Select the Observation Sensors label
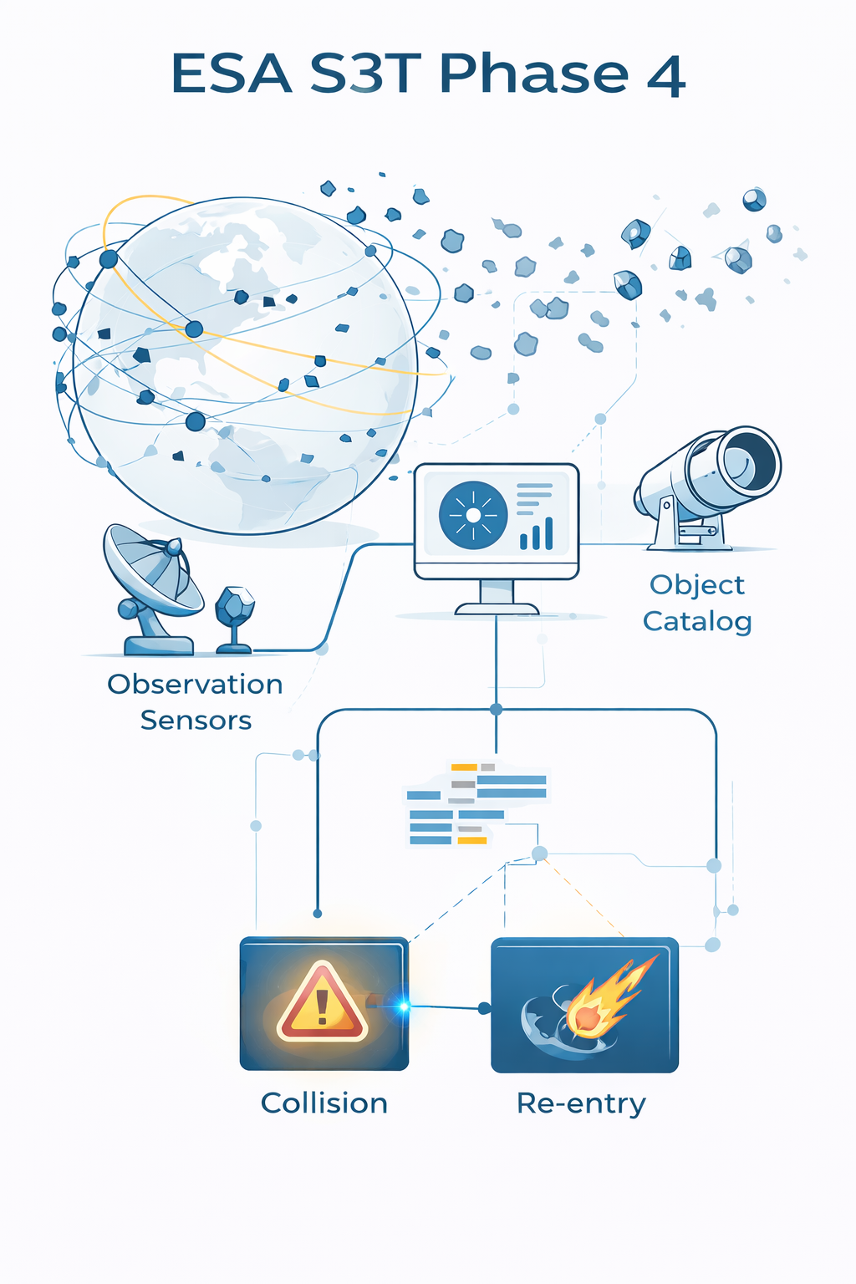coord(196,702)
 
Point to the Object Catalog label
coord(697,603)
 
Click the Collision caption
coord(324,1103)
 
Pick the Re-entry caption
coord(581,1103)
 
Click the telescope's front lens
coord(749,460)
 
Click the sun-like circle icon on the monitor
coord(473,515)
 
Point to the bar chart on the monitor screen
coord(537,533)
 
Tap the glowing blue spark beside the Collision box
coord(403,1006)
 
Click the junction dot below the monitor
coord(496,710)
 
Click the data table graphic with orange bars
coord(476,803)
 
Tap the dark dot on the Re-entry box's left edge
coord(484,1009)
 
